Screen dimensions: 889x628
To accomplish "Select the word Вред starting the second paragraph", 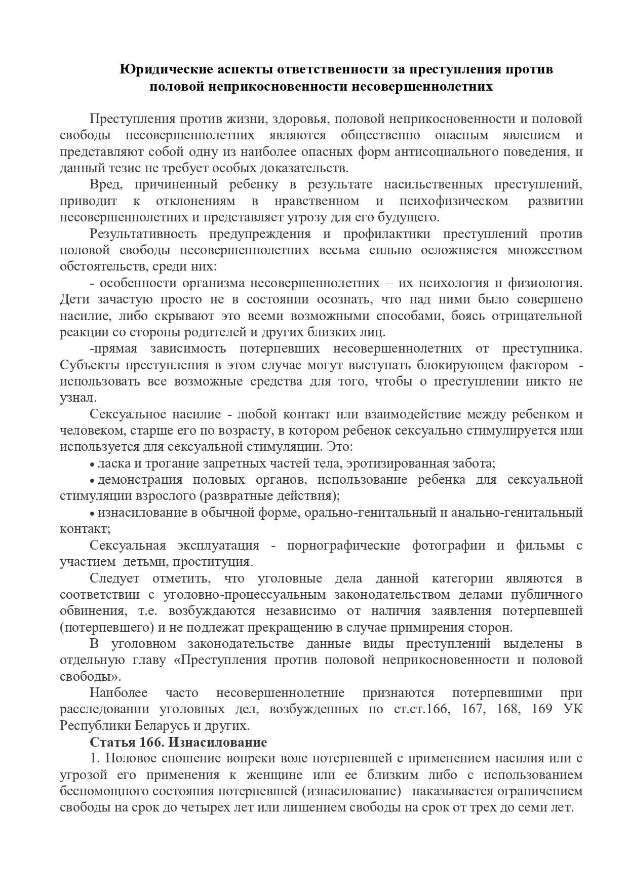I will [x=105, y=185].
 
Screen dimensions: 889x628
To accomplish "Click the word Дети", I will [x=74, y=299].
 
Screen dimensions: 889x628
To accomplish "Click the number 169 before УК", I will [x=542, y=709].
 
